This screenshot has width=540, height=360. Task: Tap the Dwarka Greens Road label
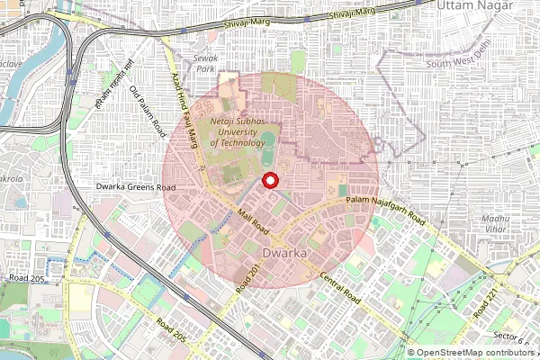136,188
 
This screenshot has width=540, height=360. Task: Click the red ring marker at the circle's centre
269,181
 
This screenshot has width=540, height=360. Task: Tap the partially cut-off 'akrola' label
11,179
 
